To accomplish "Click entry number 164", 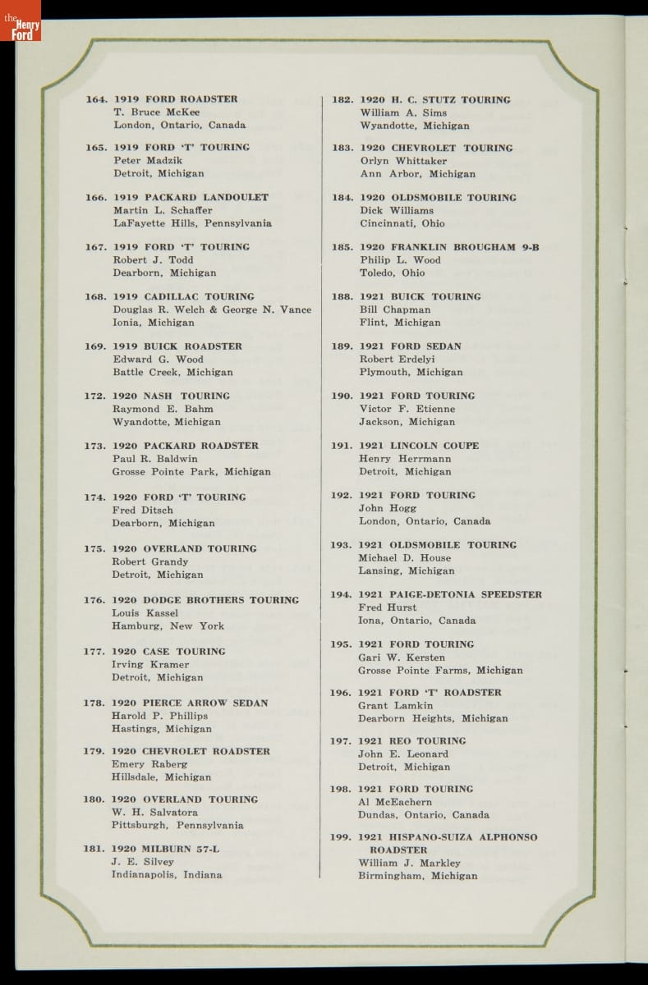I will click(x=96, y=99).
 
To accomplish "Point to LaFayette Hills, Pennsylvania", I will click(x=192, y=223).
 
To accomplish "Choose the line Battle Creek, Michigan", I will click(x=172, y=372).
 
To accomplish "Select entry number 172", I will click(x=96, y=396).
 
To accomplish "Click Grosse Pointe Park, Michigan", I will click(x=191, y=472).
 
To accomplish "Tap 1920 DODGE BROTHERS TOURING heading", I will click(x=205, y=600).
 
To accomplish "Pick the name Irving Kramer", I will click(x=150, y=664).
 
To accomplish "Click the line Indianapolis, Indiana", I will click(x=167, y=875).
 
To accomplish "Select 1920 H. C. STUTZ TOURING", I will click(x=434, y=100).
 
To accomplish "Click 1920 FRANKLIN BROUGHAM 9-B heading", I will click(x=449, y=247).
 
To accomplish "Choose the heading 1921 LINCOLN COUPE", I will click(x=419, y=446).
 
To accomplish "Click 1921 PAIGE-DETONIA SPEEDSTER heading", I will click(x=450, y=594).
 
